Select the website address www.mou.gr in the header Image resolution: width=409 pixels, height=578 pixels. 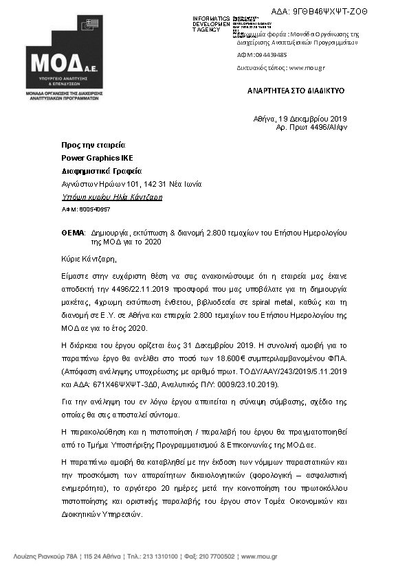[x=306, y=68]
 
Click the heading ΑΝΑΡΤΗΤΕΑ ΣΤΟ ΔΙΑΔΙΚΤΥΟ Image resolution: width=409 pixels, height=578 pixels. [x=296, y=91]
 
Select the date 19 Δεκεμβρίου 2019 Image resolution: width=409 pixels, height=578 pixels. [x=314, y=119]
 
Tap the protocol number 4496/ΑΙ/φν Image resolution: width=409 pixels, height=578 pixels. [x=322, y=127]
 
